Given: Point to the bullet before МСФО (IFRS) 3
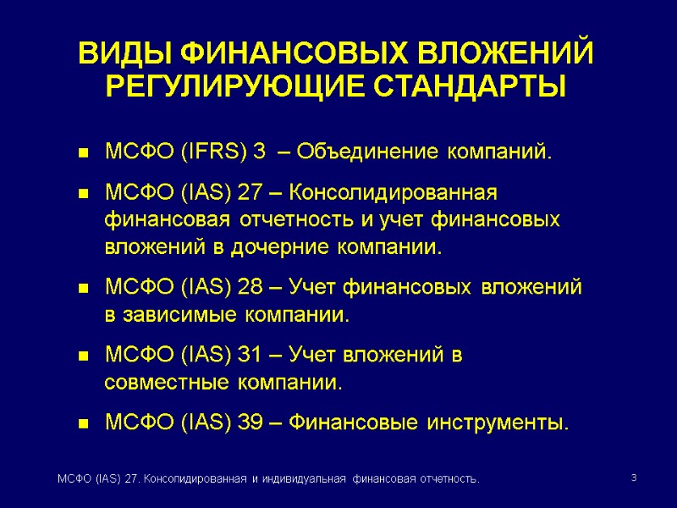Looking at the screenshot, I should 84,154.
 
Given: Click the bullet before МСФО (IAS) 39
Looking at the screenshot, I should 84,422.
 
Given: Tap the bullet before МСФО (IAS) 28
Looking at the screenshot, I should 84,290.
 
